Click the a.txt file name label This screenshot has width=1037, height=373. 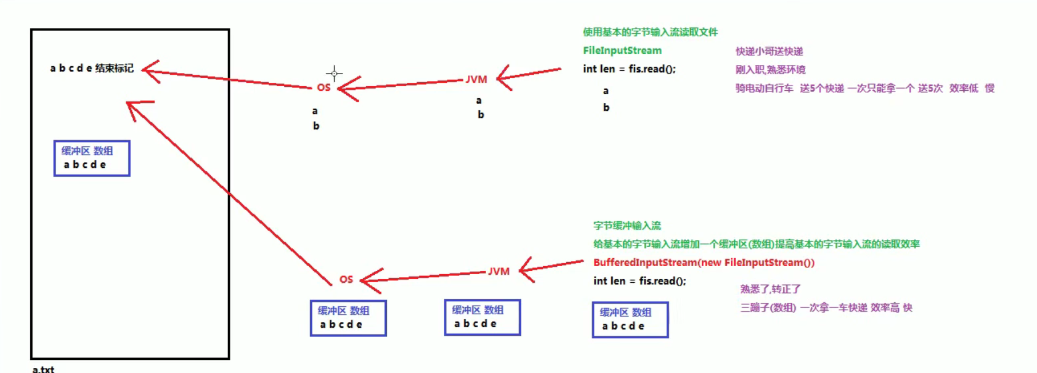click(43, 369)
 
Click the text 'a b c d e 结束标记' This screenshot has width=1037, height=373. click(92, 69)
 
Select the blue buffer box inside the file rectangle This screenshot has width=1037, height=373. click(92, 158)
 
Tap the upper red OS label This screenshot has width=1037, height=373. click(323, 87)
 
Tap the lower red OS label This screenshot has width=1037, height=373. click(346, 279)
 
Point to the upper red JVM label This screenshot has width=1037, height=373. click(477, 79)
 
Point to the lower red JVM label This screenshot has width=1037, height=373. click(499, 271)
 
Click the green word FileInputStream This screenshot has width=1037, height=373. click(622, 50)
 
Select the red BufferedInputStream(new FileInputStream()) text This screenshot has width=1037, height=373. click(704, 262)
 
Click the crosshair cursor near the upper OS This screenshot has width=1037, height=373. click(334, 73)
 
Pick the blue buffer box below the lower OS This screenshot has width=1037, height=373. click(348, 318)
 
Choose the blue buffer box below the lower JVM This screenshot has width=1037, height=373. click(482, 318)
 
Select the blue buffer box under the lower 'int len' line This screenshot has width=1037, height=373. click(630, 320)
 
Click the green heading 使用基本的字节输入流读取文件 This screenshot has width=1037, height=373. click(650, 32)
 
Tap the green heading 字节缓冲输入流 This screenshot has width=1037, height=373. click(627, 226)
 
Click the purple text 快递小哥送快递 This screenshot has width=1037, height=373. click(769, 51)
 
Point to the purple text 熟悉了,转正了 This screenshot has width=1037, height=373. click(770, 289)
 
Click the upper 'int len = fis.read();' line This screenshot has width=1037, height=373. click(629, 69)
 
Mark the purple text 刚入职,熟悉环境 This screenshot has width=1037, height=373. click(770, 70)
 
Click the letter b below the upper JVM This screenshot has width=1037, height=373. click(481, 115)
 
